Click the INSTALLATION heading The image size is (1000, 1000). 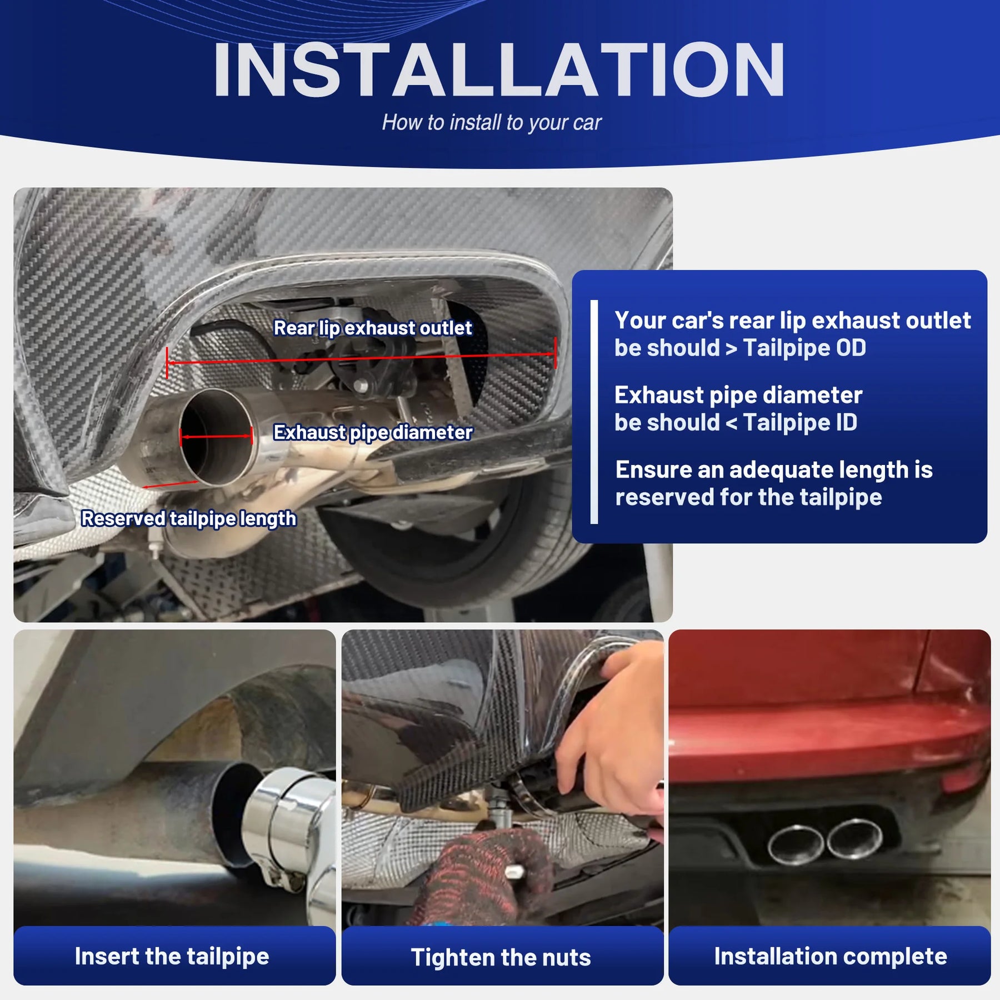pyautogui.click(x=498, y=70)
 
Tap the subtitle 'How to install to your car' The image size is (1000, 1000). pyautogui.click(x=492, y=123)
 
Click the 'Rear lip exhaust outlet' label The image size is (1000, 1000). pyautogui.click(x=373, y=328)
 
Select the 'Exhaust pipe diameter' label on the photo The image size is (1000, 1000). pyautogui.click(x=373, y=432)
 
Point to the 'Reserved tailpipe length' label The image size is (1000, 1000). pyautogui.click(x=189, y=518)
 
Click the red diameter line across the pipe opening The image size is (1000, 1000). pyautogui.click(x=216, y=437)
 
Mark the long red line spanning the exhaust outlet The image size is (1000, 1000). pyautogui.click(x=361, y=358)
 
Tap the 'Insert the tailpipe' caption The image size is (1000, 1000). pyautogui.click(x=172, y=956)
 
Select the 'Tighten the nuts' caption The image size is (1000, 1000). pyautogui.click(x=501, y=957)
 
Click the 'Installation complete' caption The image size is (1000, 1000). pyautogui.click(x=831, y=956)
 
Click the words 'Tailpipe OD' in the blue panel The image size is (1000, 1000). pyautogui.click(x=804, y=348)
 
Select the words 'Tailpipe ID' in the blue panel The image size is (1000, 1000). pyautogui.click(x=800, y=423)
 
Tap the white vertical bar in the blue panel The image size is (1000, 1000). pyautogui.click(x=594, y=412)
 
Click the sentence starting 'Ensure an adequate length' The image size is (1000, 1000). pyautogui.click(x=774, y=483)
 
